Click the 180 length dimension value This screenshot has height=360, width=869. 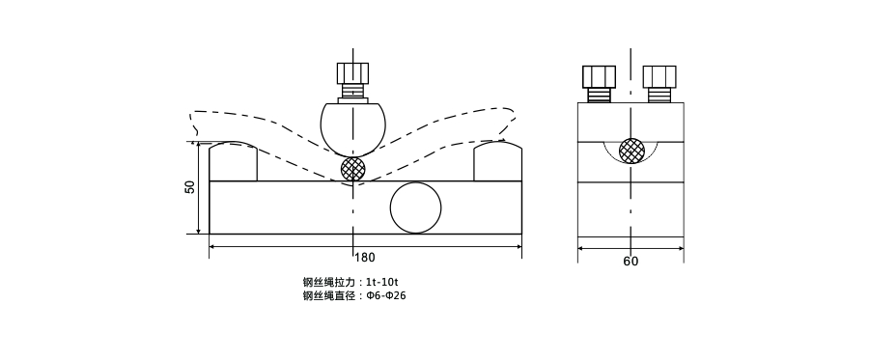(365, 258)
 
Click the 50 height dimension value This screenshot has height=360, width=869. (190, 187)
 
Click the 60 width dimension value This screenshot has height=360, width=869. (631, 261)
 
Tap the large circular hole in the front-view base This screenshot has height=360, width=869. (415, 207)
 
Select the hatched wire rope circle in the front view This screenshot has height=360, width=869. (353, 169)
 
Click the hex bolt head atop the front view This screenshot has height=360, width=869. (352, 73)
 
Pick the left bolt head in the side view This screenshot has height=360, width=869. (599, 76)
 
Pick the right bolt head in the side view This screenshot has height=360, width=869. (659, 76)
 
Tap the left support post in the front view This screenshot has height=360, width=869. (233, 162)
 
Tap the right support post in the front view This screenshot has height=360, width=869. (497, 162)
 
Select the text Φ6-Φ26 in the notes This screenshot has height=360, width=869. (386, 295)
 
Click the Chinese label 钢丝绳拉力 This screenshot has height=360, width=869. (328, 282)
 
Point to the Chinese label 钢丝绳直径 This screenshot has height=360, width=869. (328, 295)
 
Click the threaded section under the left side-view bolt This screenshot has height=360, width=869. (599, 95)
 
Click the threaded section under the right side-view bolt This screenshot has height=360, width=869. (659, 95)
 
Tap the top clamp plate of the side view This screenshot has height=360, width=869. (631, 122)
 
